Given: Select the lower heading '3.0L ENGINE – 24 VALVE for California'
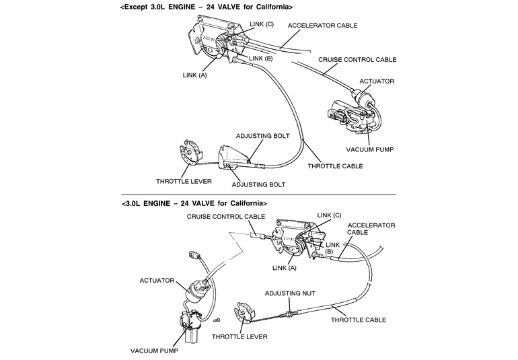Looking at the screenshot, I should point(196,203).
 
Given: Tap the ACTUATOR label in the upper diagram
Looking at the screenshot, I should point(377,81).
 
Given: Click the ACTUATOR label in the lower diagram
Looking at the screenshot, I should point(158,279).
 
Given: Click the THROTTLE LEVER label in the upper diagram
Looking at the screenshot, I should point(184,181).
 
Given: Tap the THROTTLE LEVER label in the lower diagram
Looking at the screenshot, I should point(239,336).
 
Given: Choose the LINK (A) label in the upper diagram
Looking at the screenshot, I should point(194,75).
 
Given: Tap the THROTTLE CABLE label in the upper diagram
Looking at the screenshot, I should point(335,166).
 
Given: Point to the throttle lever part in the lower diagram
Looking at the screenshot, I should point(244,316).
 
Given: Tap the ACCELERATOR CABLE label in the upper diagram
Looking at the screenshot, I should point(323,26).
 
